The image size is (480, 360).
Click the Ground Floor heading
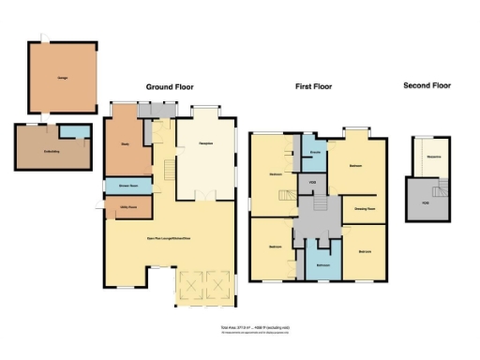point(169,86)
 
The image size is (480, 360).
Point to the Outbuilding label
point(52,151)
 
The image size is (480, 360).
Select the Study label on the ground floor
point(125,144)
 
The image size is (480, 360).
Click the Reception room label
point(205,144)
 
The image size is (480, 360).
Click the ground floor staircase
point(170,171)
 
